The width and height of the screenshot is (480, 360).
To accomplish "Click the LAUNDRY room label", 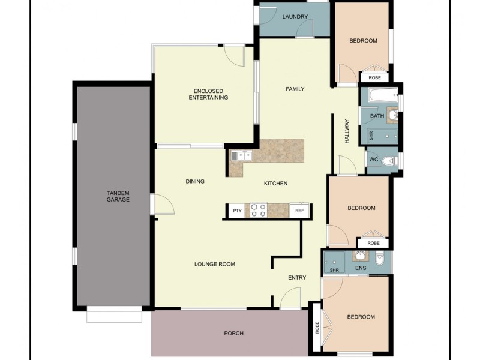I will tap(295, 17).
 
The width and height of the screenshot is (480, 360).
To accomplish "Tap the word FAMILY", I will tap(295, 89).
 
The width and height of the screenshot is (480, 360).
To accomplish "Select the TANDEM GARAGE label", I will tap(118, 196).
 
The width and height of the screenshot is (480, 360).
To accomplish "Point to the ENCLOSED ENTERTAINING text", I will tap(208, 94).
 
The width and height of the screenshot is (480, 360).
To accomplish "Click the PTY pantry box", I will tap(237, 211).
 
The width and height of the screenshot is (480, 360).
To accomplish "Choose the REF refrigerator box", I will tap(299, 211).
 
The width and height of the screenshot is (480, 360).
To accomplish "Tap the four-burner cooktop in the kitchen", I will tap(258, 210).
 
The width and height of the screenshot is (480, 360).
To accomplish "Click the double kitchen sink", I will tap(241, 156).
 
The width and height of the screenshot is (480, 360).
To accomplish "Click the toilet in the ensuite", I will tap(379, 259).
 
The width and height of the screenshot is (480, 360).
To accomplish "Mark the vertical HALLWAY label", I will tap(347, 130).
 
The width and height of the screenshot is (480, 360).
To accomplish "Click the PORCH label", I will tap(233, 334).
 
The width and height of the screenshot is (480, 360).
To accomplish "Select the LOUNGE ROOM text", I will tap(214, 264).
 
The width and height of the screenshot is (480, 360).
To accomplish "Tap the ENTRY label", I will tap(297, 278).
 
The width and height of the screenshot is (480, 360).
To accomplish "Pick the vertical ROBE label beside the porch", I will tap(316, 328).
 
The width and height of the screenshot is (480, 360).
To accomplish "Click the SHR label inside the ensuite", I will tap(334, 271).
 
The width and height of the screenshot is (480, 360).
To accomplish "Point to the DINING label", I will tap(195, 181).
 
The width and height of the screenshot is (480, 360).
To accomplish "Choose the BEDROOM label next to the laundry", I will tap(363, 41).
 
